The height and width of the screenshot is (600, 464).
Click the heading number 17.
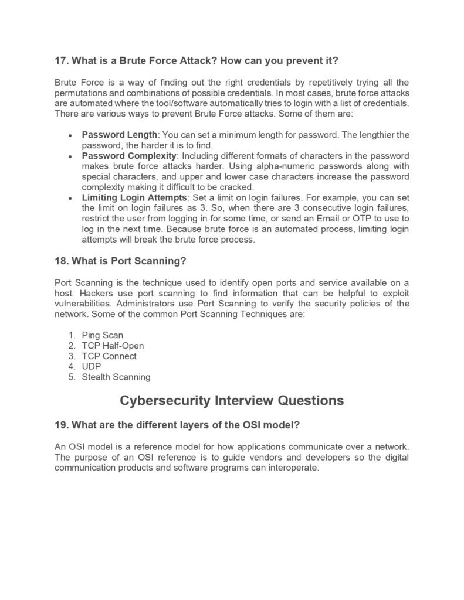(x=61, y=60)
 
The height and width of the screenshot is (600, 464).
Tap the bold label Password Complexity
(x=129, y=156)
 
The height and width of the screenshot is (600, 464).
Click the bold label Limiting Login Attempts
(x=133, y=197)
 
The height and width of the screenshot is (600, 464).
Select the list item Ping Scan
(x=103, y=335)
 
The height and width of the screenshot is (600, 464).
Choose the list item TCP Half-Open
(x=113, y=346)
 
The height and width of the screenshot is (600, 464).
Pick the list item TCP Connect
(x=109, y=356)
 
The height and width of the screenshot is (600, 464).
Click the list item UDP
(x=92, y=367)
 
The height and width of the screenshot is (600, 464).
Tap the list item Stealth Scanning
(x=116, y=377)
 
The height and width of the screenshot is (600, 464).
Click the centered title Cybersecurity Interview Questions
(x=232, y=401)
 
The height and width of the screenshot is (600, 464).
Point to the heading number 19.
(x=61, y=425)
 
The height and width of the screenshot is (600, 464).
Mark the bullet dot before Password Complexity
(x=70, y=156)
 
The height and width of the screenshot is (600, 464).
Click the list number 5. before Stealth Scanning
(x=72, y=377)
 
